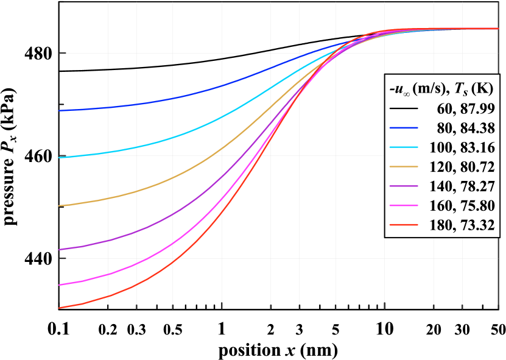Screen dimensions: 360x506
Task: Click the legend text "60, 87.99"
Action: point(466,109)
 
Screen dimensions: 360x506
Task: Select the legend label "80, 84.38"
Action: point(466,129)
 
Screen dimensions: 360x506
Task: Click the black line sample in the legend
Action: point(403,109)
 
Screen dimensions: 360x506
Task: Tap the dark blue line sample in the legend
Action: point(403,129)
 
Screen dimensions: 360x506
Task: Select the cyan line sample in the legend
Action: point(403,148)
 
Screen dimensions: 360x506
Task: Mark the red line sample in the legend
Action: point(403,226)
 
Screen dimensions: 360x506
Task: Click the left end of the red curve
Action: point(60,308)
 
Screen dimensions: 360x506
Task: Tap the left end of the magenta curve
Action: point(60,284)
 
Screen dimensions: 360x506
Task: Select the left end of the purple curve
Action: point(60,250)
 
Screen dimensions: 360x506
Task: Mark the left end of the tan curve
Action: point(60,206)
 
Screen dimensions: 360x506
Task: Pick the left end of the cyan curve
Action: point(60,157)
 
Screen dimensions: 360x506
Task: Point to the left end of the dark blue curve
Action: point(60,110)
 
